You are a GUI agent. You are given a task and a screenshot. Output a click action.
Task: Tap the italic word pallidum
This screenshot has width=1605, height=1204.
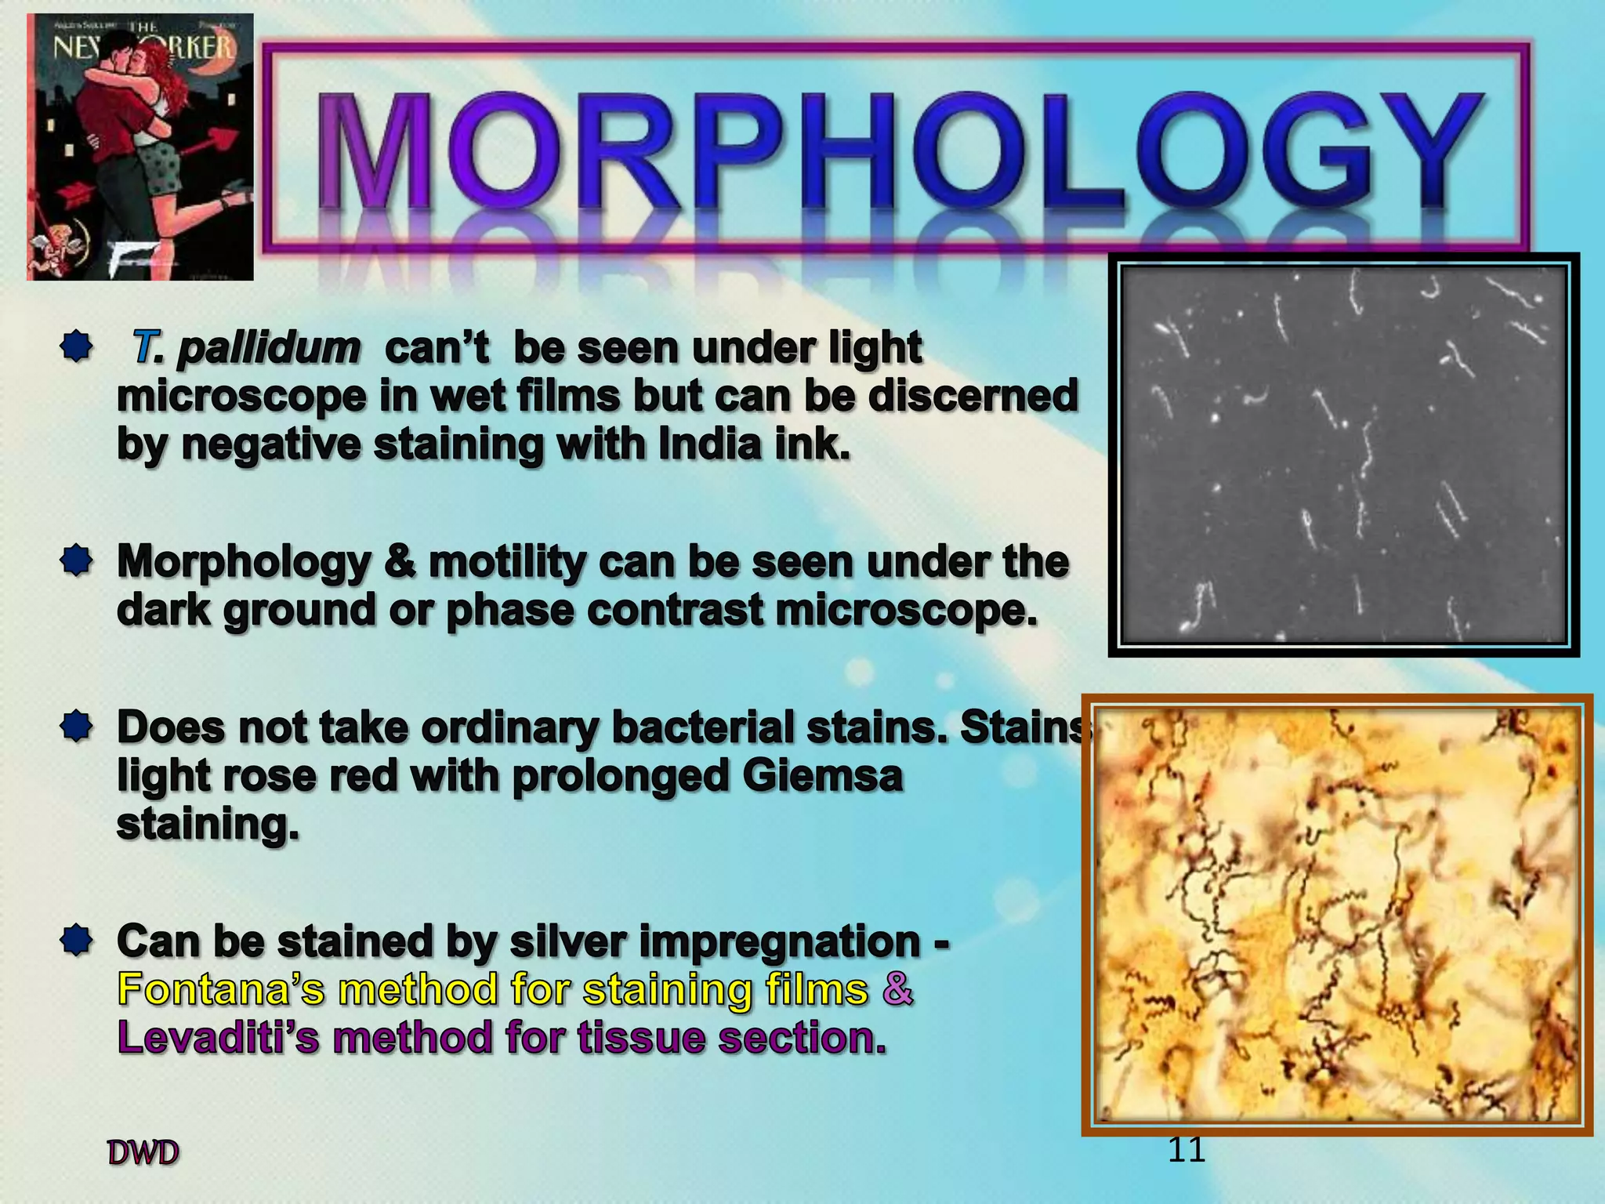click(268, 348)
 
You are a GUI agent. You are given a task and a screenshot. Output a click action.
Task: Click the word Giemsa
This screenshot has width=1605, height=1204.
click(822, 776)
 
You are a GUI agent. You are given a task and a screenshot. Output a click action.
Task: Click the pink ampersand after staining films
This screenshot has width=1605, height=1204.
click(898, 989)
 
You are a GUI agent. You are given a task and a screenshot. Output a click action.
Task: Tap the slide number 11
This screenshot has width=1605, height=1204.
click(1186, 1150)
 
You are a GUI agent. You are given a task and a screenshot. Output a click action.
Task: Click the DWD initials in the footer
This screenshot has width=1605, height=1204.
click(143, 1153)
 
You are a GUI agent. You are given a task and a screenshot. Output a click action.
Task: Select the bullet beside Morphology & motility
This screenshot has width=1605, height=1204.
click(76, 561)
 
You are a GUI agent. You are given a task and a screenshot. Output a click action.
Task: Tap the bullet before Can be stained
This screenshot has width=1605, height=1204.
click(76, 939)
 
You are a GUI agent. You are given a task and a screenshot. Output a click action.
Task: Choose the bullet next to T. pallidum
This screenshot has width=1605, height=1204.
click(76, 346)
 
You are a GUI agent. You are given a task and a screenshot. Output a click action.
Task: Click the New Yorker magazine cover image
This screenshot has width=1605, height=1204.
click(139, 147)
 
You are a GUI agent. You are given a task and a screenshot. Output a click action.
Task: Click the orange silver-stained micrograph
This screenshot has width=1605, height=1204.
click(1337, 914)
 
